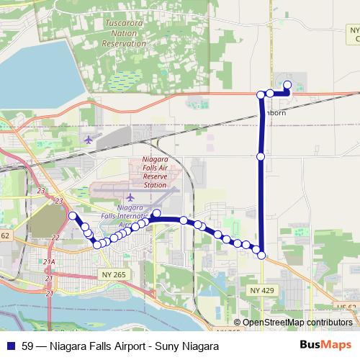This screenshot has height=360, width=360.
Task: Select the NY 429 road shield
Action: click(263, 289)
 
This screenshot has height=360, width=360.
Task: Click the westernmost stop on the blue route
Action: click(72, 216)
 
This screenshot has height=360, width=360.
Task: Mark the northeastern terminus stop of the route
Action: click(287, 86)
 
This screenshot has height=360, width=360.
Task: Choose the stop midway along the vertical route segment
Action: click(261, 156)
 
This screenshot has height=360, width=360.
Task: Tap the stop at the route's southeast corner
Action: click(261, 255)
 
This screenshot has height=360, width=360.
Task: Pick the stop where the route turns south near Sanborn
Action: click(261, 94)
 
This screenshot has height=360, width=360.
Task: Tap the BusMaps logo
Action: click(325, 346)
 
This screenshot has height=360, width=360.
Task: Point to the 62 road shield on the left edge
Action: click(4, 235)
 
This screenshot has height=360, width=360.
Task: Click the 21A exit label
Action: click(49, 262)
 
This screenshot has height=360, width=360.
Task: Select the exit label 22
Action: click(55, 238)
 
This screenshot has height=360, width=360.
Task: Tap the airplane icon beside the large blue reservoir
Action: click(89, 139)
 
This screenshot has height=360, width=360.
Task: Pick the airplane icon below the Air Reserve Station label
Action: click(130, 196)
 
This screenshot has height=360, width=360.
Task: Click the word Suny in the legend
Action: click(163, 346)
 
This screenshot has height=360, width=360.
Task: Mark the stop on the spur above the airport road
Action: click(157, 212)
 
